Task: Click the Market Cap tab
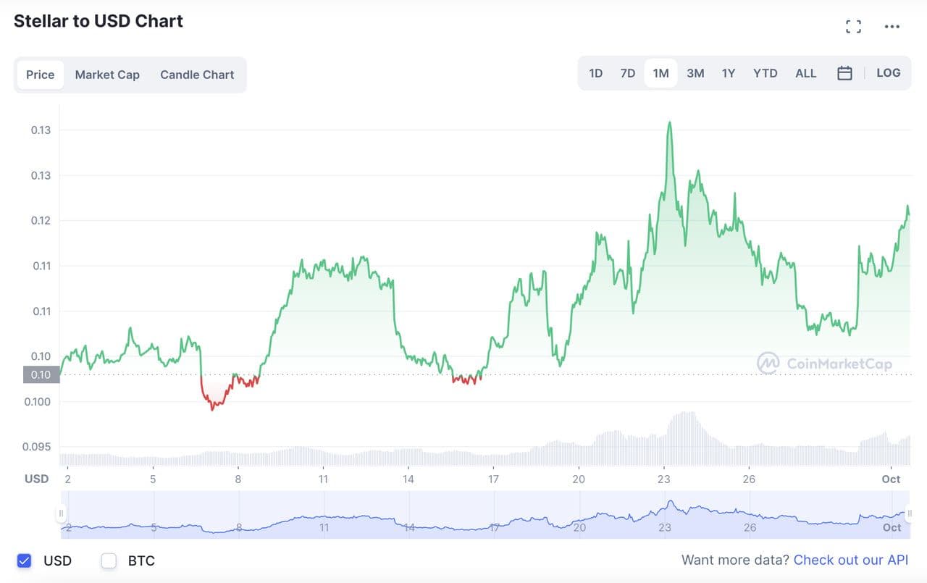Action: pos(107,75)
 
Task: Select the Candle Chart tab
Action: pos(197,75)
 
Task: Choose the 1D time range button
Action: pos(595,73)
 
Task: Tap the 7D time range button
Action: pos(627,73)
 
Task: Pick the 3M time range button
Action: pos(695,73)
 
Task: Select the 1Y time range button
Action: pos(729,73)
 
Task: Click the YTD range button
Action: pos(765,73)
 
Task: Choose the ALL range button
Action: pos(805,73)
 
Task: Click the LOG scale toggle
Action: pos(888,73)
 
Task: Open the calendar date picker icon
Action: pos(844,73)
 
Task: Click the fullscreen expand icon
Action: pos(854,27)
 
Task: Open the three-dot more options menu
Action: pos(892,27)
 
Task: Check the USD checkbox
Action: pos(25,561)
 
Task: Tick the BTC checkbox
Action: pos(109,561)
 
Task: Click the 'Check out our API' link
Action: pos(850,560)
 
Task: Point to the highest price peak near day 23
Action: pos(669,122)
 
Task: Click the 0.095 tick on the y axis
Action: pos(36,447)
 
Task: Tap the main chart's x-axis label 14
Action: pos(408,479)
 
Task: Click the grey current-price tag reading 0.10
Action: pos(41,374)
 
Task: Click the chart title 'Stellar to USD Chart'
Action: pos(98,21)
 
